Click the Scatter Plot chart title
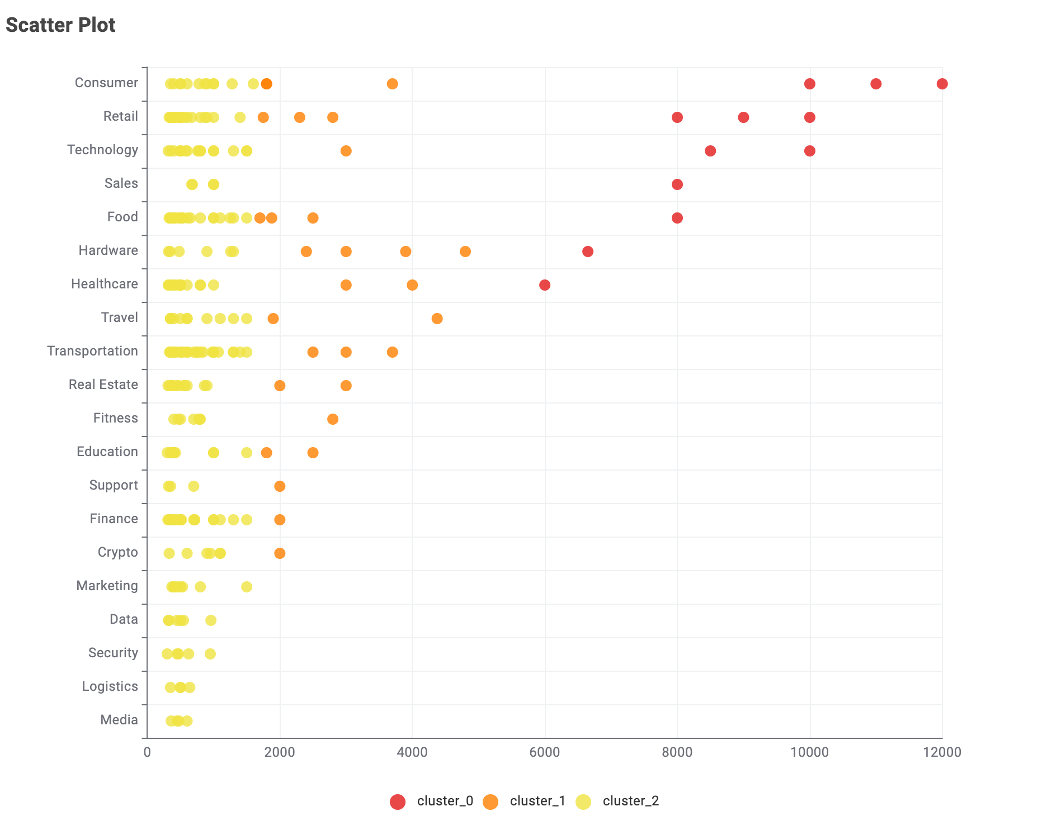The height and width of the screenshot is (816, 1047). pyautogui.click(x=60, y=25)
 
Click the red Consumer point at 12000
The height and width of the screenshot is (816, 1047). pyautogui.click(x=942, y=84)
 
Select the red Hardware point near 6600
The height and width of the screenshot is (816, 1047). pyautogui.click(x=587, y=252)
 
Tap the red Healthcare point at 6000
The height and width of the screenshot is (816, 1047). pyautogui.click(x=544, y=285)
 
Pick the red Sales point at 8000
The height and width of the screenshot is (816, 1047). pyautogui.click(x=677, y=184)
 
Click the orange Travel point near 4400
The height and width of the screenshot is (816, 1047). pyautogui.click(x=437, y=319)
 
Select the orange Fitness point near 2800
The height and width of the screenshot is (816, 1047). pyautogui.click(x=332, y=419)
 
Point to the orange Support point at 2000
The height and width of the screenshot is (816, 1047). pyautogui.click(x=280, y=486)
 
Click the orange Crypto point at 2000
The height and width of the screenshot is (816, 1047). pyautogui.click(x=280, y=553)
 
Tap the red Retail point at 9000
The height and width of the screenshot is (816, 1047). pyautogui.click(x=743, y=117)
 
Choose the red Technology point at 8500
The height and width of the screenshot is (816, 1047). pyautogui.click(x=710, y=151)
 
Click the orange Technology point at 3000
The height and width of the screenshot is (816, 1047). pyautogui.click(x=346, y=151)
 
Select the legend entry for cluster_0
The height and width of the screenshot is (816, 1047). pyautogui.click(x=431, y=801)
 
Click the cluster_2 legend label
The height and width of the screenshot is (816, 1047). pyautogui.click(x=630, y=801)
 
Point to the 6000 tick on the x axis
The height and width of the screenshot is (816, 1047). pyautogui.click(x=544, y=752)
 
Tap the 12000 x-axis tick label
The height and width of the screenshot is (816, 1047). pyautogui.click(x=942, y=752)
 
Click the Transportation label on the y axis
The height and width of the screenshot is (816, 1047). pyautogui.click(x=92, y=351)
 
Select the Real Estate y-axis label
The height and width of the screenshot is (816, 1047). pyautogui.click(x=103, y=385)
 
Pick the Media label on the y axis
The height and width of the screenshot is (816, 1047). pyautogui.click(x=119, y=720)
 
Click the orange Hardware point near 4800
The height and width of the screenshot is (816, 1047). pyautogui.click(x=465, y=252)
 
